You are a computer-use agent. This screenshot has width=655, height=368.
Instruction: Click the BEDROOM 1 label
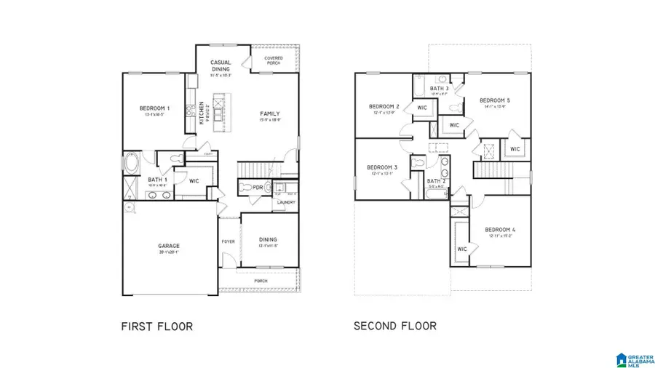coord(154,109)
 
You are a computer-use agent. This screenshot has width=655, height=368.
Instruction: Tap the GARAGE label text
coord(169,246)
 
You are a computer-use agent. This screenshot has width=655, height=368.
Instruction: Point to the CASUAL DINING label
coord(221,66)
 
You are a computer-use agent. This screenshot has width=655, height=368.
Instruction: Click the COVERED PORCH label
coord(274,60)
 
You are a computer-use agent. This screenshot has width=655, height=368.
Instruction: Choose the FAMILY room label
coord(271,113)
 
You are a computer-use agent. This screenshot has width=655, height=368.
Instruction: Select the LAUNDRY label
coord(286,202)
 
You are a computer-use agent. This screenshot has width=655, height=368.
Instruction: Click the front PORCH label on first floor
coord(261,281)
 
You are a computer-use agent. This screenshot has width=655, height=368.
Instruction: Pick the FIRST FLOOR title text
coord(156,327)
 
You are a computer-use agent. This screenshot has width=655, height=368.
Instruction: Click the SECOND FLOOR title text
coord(395,326)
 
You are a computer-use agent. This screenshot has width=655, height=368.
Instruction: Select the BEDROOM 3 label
coord(383,167)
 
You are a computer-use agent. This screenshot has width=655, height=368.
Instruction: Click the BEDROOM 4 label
coord(501,230)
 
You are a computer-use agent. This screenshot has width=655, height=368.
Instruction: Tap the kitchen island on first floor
coord(217,113)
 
